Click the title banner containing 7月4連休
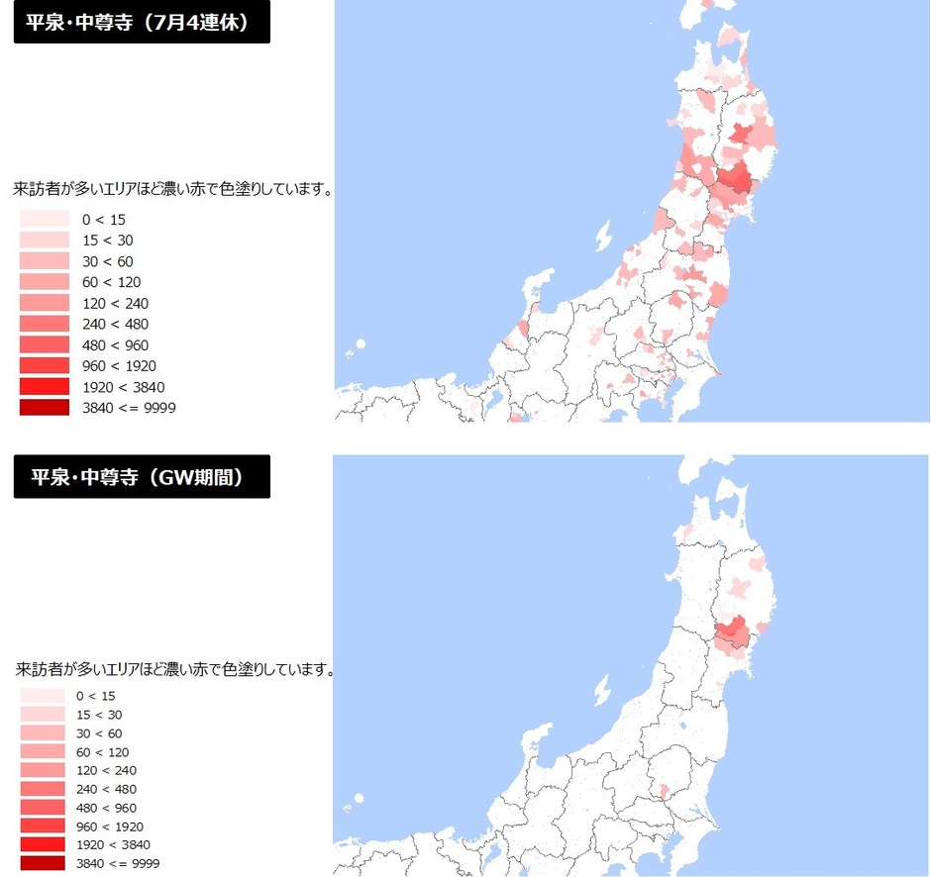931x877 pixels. [x=142, y=23]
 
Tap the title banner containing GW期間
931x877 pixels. [x=142, y=477]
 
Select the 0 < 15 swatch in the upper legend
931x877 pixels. [x=45, y=219]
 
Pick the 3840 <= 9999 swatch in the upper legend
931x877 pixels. [x=45, y=407]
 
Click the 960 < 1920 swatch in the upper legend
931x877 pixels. [x=45, y=365]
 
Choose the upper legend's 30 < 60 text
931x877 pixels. [x=108, y=261]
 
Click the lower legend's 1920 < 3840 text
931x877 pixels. [x=113, y=844]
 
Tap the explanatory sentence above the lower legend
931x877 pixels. [x=174, y=670]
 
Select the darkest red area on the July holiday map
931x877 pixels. [x=735, y=179]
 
